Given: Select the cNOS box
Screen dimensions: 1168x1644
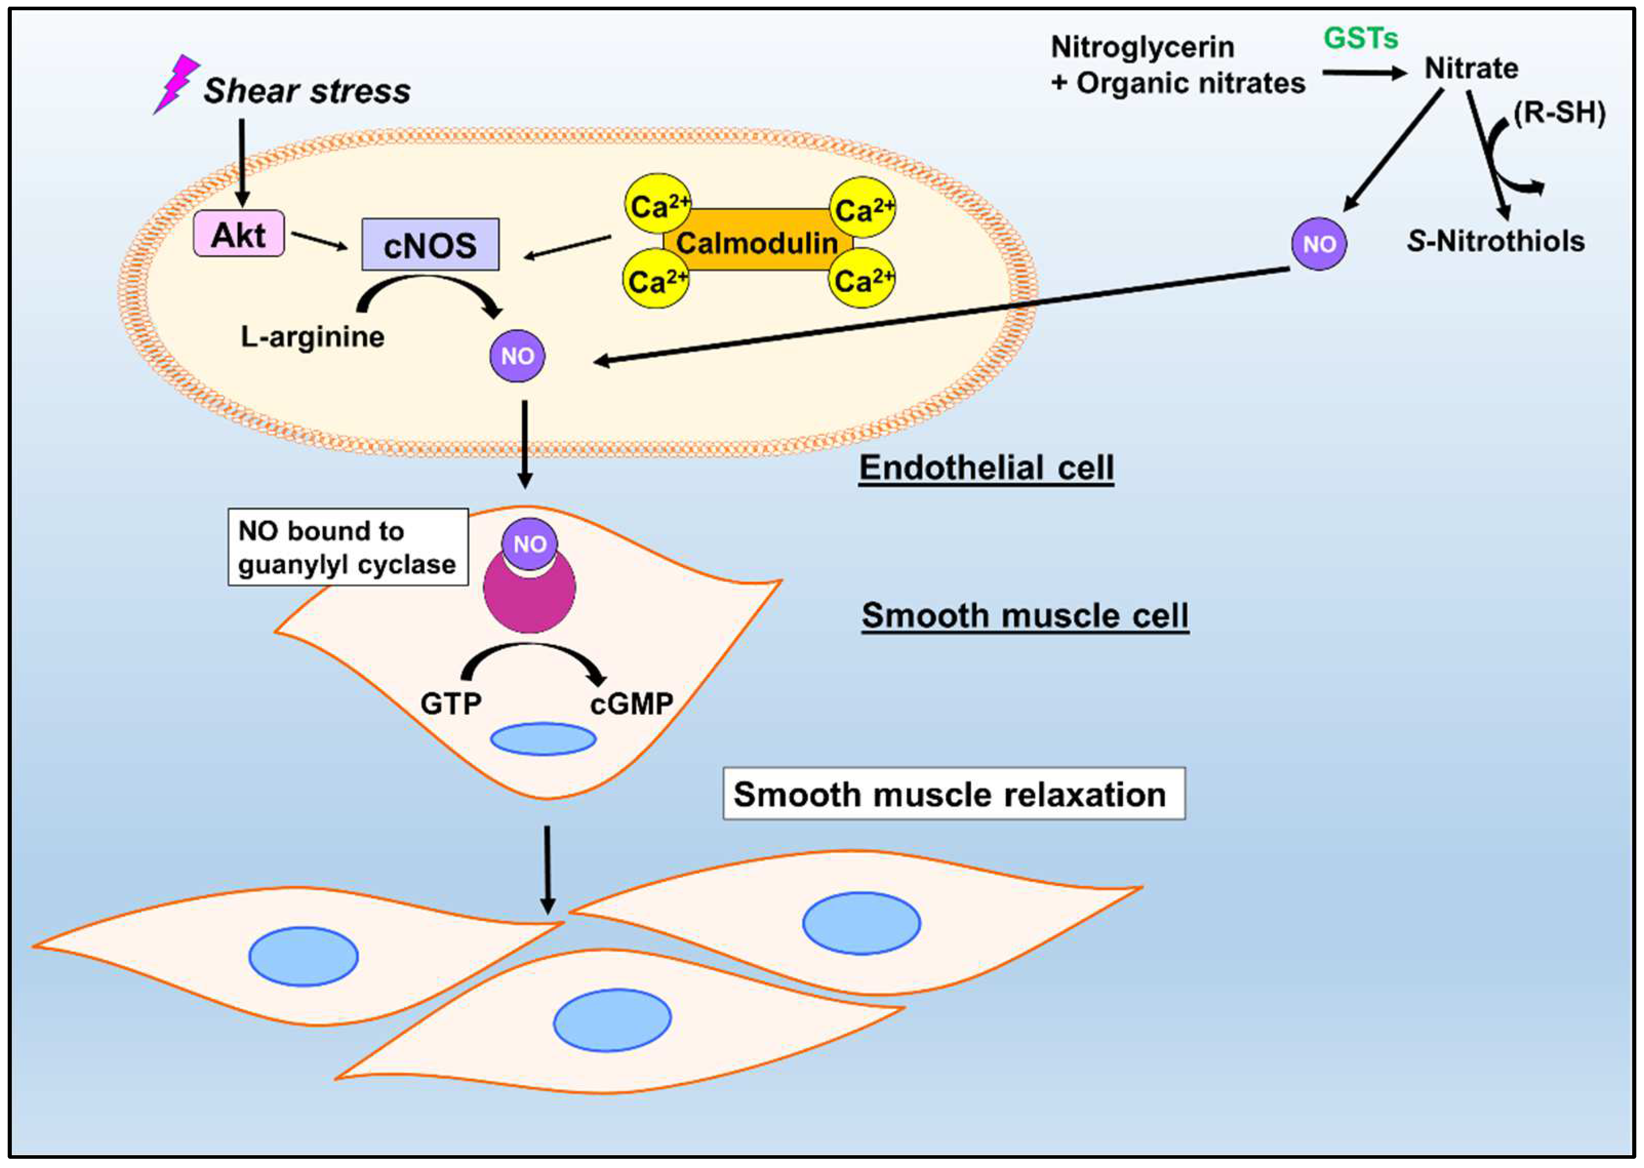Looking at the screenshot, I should (x=430, y=245).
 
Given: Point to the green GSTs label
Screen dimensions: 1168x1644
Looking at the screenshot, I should (x=1360, y=37).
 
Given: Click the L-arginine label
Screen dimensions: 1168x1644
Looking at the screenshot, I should (x=312, y=336).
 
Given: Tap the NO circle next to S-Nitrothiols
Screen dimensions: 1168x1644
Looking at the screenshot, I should (x=1319, y=244).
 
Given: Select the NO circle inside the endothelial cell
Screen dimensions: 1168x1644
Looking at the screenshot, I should (x=517, y=355).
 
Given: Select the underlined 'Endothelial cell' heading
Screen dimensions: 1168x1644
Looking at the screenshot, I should (x=986, y=468).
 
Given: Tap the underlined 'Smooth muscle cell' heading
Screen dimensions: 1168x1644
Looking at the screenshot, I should (x=1025, y=616).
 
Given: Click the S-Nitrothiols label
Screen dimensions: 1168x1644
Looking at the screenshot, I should (x=1496, y=241).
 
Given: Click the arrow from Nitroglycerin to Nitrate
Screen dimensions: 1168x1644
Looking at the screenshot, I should (x=1364, y=73).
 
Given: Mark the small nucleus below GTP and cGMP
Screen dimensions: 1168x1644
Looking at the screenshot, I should (x=543, y=739).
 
